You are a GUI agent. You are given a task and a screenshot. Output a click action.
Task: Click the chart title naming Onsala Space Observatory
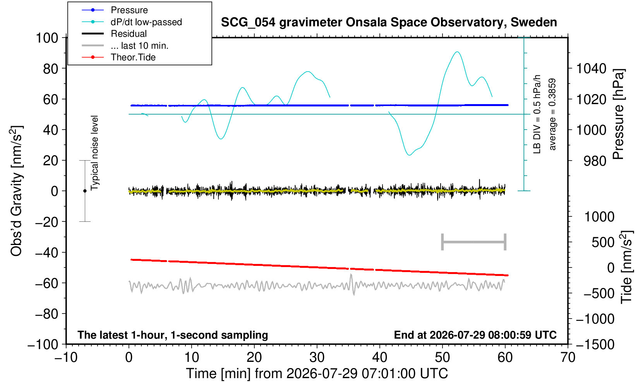[389, 22]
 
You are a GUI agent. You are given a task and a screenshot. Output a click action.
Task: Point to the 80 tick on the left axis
[51, 69]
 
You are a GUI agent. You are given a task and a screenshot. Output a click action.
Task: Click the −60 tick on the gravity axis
[46, 283]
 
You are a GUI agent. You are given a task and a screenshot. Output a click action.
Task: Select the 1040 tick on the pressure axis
[591, 69]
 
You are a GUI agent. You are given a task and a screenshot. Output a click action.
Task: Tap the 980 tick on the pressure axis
[595, 161]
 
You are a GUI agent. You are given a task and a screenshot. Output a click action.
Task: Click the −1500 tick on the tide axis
[595, 344]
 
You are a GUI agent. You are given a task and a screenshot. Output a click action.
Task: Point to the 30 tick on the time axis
[317, 358]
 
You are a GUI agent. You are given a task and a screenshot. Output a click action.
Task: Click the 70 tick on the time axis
[568, 358]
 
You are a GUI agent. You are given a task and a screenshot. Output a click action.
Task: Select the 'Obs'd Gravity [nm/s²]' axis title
[17, 191]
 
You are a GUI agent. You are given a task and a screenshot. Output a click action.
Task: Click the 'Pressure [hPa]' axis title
[619, 114]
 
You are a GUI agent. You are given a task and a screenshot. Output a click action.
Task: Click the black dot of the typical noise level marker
[85, 191]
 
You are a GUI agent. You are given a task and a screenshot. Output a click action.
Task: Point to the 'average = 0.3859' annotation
[552, 114]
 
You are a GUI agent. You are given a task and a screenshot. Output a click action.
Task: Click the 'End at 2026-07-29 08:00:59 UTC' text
[475, 335]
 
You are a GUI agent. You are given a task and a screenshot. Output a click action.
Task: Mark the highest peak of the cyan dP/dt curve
[457, 52]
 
